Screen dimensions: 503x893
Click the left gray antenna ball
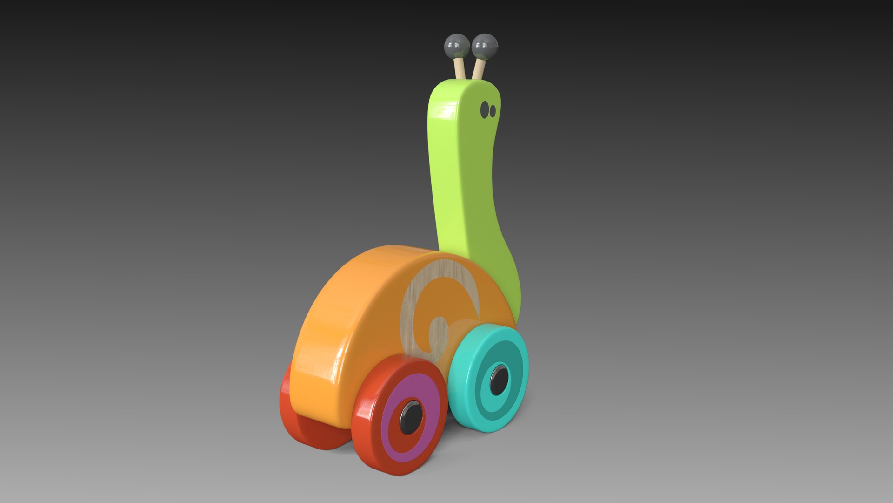click(457, 46)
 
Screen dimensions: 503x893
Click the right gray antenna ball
click(485, 46)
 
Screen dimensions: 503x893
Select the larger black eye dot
click(485, 109)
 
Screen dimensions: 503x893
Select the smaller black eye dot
click(493, 111)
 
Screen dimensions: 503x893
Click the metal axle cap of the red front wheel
click(411, 416)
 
